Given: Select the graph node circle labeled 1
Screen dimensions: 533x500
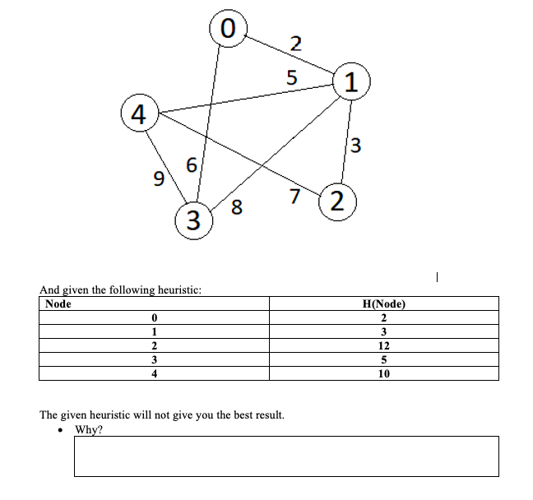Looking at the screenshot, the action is coord(351,82).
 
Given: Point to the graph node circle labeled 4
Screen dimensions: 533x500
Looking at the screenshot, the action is coord(138,113).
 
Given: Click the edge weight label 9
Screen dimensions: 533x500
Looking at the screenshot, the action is coord(160,178).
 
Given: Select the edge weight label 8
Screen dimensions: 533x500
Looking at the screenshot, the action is coord(237,208).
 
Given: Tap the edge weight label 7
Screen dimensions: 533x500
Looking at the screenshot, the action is coord(294,195).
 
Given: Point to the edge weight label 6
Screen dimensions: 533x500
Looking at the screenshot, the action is coord(191,164).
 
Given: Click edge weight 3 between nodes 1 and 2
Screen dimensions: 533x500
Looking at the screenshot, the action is coord(356,146).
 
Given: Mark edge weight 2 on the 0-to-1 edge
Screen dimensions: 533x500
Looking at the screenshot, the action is coord(296,44).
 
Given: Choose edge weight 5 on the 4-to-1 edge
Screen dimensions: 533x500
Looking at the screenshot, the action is coord(290,78).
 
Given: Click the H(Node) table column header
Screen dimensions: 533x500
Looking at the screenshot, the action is coord(383,304).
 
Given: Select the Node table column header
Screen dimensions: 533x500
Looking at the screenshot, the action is coord(58,304).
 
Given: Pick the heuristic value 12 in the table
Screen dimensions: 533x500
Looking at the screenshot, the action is coord(383,345).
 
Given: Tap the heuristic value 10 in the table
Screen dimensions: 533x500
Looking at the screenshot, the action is coord(383,373).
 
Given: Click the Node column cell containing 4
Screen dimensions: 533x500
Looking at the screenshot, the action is coord(154,373).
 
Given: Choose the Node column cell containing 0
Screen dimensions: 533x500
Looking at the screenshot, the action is coord(154,318).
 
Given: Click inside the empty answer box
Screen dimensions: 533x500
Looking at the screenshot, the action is coord(285,456).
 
